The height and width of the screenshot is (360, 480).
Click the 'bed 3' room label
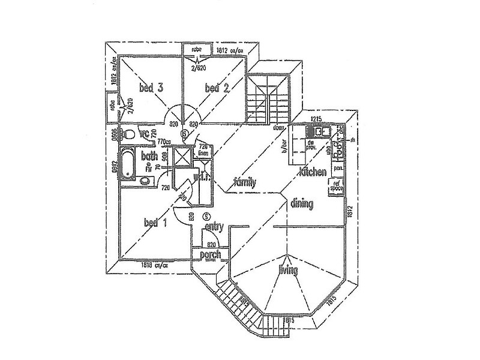tap(152, 88)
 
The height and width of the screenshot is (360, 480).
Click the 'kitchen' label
tap(313, 172)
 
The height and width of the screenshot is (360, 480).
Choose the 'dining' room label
tap(302, 204)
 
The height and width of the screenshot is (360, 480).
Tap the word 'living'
tap(288, 271)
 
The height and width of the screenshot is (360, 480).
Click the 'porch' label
tap(210, 255)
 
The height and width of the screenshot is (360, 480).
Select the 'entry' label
tap(214, 227)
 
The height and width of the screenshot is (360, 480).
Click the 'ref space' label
tap(337, 185)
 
